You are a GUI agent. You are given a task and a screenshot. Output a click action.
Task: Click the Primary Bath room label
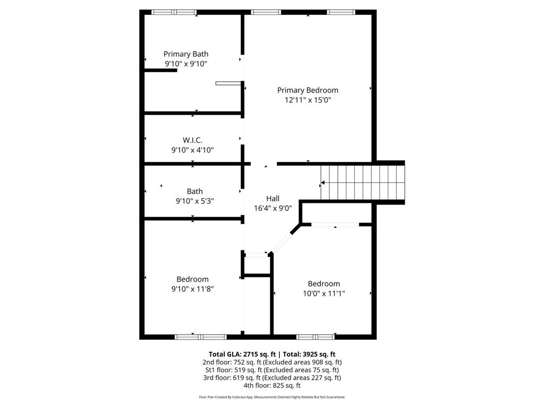[x=186, y=54]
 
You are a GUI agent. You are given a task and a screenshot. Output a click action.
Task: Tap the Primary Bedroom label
[x=308, y=90]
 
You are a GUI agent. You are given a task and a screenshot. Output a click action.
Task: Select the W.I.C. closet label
[x=192, y=140]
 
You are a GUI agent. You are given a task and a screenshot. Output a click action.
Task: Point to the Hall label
[x=273, y=199]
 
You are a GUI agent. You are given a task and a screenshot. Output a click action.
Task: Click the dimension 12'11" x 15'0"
[x=308, y=100]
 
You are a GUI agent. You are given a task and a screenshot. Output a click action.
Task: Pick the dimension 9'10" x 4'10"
[x=192, y=150]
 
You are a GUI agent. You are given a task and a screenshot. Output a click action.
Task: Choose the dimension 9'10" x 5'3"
[x=194, y=201]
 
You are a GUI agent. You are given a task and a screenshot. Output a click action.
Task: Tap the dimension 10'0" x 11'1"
[x=324, y=293]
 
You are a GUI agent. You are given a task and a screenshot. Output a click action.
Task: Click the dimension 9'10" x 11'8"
[x=192, y=288]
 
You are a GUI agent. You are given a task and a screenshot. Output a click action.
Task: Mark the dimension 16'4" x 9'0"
[x=273, y=208]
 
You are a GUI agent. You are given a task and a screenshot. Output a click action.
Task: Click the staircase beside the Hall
[x=362, y=183]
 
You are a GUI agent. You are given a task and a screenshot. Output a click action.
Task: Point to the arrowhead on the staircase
[x=322, y=183]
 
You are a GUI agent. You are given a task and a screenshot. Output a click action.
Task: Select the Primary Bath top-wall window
[x=174, y=13]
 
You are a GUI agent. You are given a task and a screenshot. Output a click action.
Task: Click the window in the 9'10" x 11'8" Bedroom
[x=200, y=337]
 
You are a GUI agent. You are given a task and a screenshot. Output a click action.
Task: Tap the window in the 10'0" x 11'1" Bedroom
[x=316, y=337]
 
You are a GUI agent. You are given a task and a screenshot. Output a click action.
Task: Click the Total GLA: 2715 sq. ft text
[x=242, y=354]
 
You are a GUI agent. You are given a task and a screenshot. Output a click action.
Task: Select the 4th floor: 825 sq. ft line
[x=272, y=386]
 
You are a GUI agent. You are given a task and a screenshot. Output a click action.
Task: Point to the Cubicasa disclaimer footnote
[x=272, y=397]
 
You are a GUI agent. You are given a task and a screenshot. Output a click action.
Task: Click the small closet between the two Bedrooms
[x=257, y=265]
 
